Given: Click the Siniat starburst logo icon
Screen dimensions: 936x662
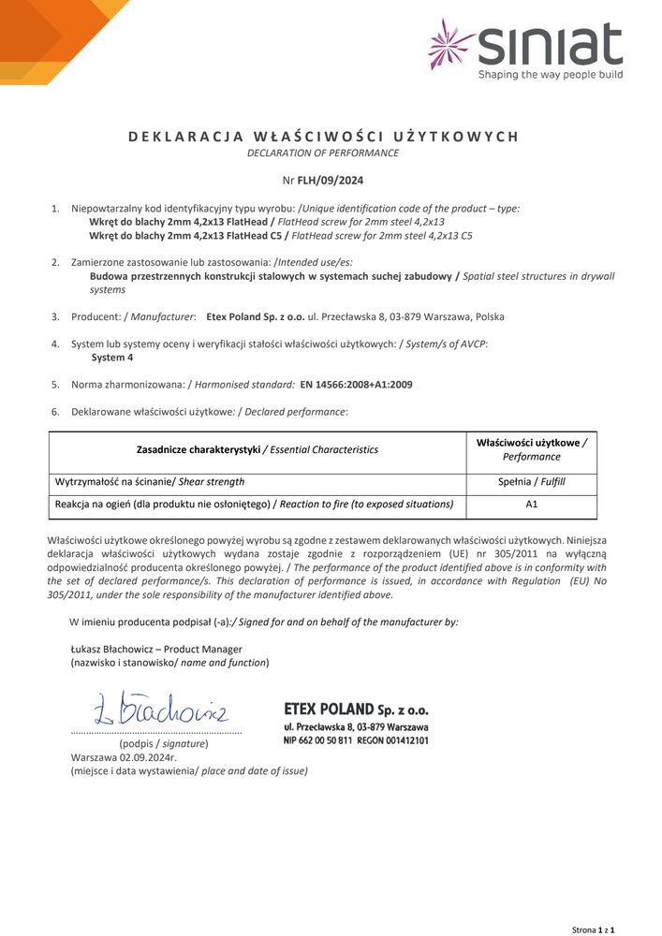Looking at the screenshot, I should (452, 44).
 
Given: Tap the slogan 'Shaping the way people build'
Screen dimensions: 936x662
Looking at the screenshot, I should (550, 74).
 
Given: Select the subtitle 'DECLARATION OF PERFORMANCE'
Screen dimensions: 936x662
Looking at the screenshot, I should (322, 153).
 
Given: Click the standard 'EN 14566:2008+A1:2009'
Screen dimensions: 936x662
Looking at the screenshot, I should (356, 384).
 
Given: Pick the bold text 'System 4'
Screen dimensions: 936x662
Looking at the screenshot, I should (111, 357).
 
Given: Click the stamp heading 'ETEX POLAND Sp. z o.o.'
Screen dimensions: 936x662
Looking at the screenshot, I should (356, 709).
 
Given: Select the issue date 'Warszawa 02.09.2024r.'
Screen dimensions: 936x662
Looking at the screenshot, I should (124, 757).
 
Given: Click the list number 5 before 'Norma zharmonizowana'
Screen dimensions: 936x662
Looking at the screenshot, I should (55, 384).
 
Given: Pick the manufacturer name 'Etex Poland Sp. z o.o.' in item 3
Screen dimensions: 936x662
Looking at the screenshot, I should (255, 316).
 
